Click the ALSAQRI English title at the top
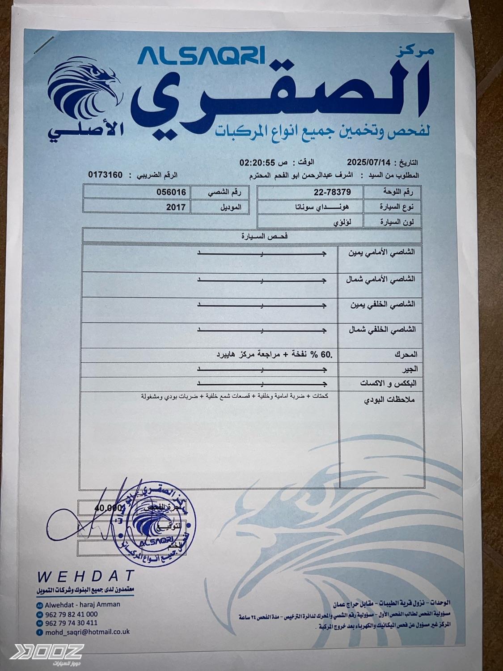tap(202, 56)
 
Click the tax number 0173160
tap(105, 175)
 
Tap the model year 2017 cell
tap(175, 207)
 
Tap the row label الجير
tap(410, 369)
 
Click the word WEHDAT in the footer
tap(86, 576)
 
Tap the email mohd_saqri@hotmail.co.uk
tap(87, 632)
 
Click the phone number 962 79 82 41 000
tap(71, 614)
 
